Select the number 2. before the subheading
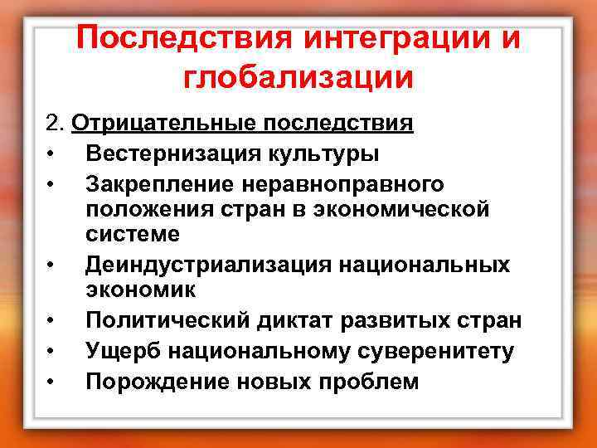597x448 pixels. (56, 124)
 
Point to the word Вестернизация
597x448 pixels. (177, 153)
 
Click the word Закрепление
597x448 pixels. (158, 183)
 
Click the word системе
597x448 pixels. (133, 234)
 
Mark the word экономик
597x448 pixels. (140, 290)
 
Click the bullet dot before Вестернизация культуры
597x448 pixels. (51, 154)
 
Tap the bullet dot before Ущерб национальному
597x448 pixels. (51, 352)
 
